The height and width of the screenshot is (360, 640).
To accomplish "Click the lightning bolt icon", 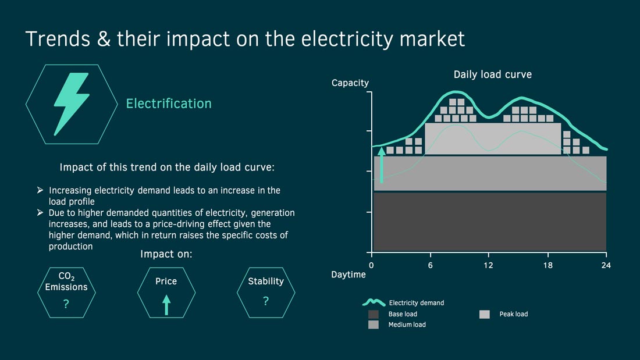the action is tap(72, 103).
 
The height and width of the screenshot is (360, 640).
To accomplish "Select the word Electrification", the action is tap(169, 104).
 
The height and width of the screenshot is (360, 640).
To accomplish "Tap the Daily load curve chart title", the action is tap(493, 74).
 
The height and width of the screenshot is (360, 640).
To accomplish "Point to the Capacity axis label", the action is tap(350, 83).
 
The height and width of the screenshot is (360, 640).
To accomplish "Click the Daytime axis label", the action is tap(348, 275).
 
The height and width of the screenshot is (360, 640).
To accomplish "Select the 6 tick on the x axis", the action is tap(430, 265).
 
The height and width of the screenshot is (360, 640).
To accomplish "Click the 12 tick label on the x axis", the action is tap(488, 265).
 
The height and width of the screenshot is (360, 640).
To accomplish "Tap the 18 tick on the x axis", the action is tap(547, 265).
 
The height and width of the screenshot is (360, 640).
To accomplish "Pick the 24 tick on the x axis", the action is tap(606, 265).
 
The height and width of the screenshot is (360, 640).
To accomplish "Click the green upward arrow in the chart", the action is tap(382, 165).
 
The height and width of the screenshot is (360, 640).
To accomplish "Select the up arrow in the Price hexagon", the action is tap(166, 305).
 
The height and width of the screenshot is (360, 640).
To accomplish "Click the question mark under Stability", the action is tap(266, 301).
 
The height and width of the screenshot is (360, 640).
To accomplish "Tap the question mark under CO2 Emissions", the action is tap(66, 303).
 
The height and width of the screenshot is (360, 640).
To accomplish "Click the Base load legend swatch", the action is tap(374, 314).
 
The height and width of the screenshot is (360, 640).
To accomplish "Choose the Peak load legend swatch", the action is tap(485, 314).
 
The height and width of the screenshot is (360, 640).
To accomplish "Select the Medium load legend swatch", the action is tap(374, 325).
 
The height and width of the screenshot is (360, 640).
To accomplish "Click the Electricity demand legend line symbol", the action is tap(374, 302).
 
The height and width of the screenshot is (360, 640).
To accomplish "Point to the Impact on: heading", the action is tap(166, 254).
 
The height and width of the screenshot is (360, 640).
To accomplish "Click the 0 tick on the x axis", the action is tap(371, 265).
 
